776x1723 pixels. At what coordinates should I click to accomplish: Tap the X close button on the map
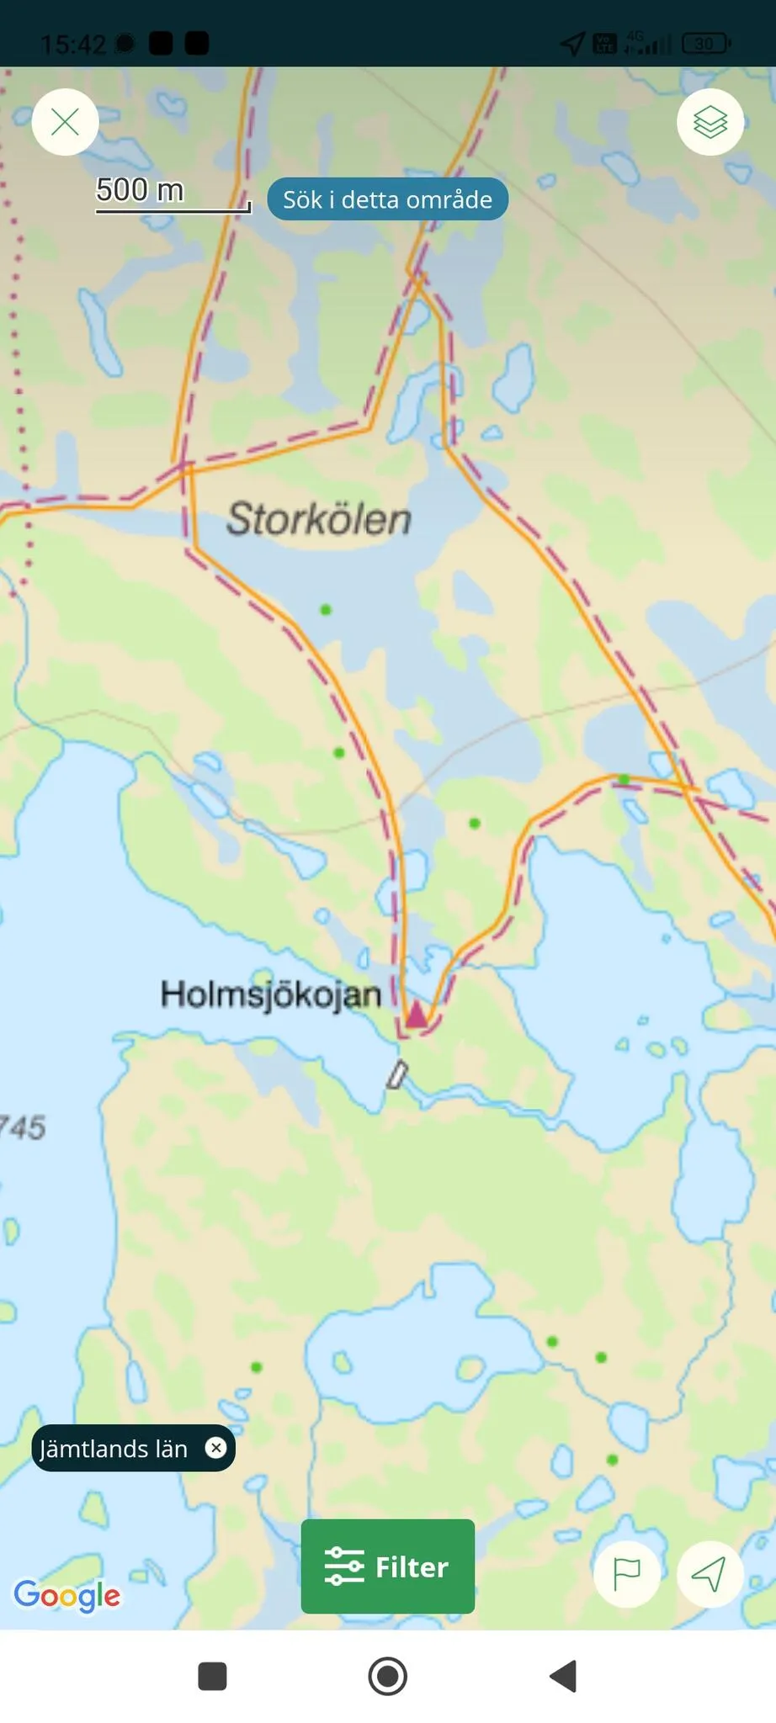66,123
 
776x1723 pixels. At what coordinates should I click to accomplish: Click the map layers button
710,123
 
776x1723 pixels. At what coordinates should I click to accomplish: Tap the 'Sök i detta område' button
387,199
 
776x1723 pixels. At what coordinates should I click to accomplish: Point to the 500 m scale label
140,190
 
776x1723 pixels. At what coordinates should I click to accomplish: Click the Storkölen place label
319,518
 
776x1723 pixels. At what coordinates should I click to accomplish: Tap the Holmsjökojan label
271,994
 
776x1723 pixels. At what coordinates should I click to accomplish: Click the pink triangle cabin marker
417,1015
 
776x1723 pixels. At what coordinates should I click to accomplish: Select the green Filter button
388,1567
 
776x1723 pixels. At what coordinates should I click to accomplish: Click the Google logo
67,1595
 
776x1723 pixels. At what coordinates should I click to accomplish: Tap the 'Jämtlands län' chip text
114,1449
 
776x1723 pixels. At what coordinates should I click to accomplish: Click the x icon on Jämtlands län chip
216,1448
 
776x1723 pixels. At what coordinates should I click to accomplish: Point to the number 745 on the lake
23,1127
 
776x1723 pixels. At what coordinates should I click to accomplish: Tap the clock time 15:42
73,44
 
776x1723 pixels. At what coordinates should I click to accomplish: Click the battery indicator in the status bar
705,44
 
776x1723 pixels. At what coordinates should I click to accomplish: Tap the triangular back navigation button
563,1676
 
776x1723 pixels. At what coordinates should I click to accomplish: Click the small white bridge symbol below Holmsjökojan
397,1074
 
